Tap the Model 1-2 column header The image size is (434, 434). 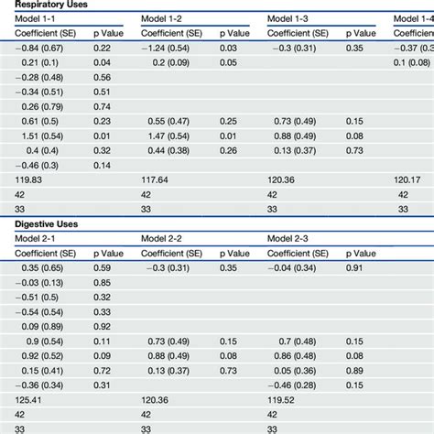pos(161,20)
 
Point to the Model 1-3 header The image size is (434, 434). pos(287,20)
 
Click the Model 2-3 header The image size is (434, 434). pos(287,239)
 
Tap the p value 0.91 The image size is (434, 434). pos(354,268)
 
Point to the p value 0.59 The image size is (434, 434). pos(102,268)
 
